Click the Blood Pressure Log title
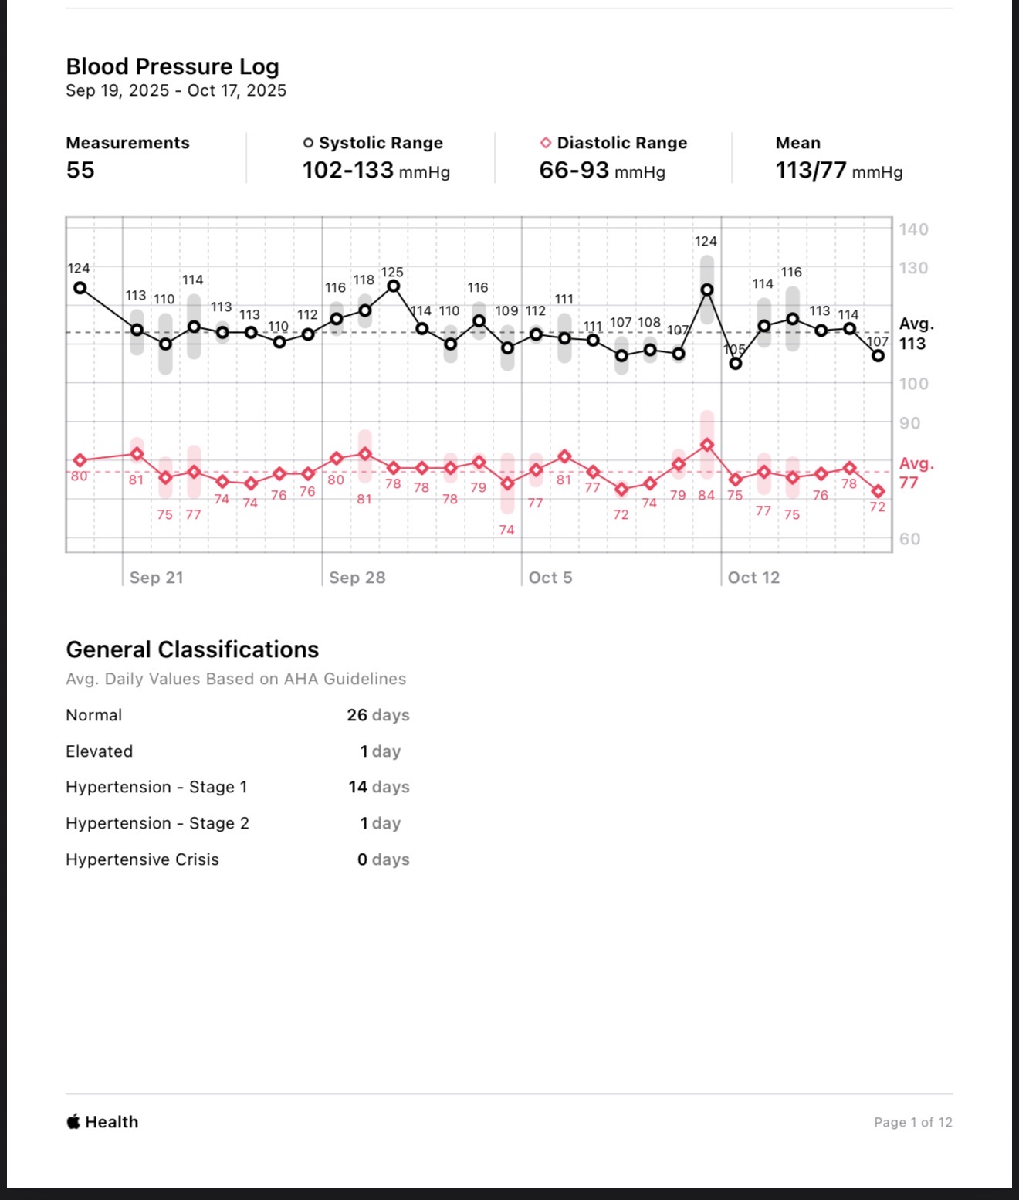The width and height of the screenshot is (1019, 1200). click(x=172, y=67)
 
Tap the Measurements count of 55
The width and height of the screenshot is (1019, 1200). click(x=80, y=170)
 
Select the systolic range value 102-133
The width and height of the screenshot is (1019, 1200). click(x=348, y=170)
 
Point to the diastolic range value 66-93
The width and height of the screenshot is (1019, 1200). click(x=574, y=170)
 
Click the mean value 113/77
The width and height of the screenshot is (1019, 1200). click(x=811, y=170)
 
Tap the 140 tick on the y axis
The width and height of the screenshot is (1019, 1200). click(x=913, y=229)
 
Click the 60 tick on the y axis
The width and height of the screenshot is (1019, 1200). click(x=910, y=539)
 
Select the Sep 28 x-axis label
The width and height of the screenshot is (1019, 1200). click(x=357, y=578)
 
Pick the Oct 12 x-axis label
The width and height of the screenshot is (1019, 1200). click(x=753, y=578)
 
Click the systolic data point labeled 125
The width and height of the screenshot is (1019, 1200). click(x=393, y=286)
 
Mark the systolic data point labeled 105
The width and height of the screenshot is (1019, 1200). click(x=736, y=363)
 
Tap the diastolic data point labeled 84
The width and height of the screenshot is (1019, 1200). click(x=706, y=446)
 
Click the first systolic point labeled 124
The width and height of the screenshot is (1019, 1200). click(x=80, y=288)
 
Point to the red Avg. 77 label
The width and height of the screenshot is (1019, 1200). click(x=916, y=473)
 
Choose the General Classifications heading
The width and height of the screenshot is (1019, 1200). click(x=192, y=649)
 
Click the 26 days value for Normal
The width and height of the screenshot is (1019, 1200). click(x=377, y=715)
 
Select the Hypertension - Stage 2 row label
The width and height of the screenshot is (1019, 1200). click(x=157, y=823)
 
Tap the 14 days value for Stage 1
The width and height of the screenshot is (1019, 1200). click(x=378, y=787)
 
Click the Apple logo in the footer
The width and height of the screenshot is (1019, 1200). click(x=73, y=1121)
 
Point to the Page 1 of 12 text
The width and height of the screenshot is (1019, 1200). click(x=912, y=1122)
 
